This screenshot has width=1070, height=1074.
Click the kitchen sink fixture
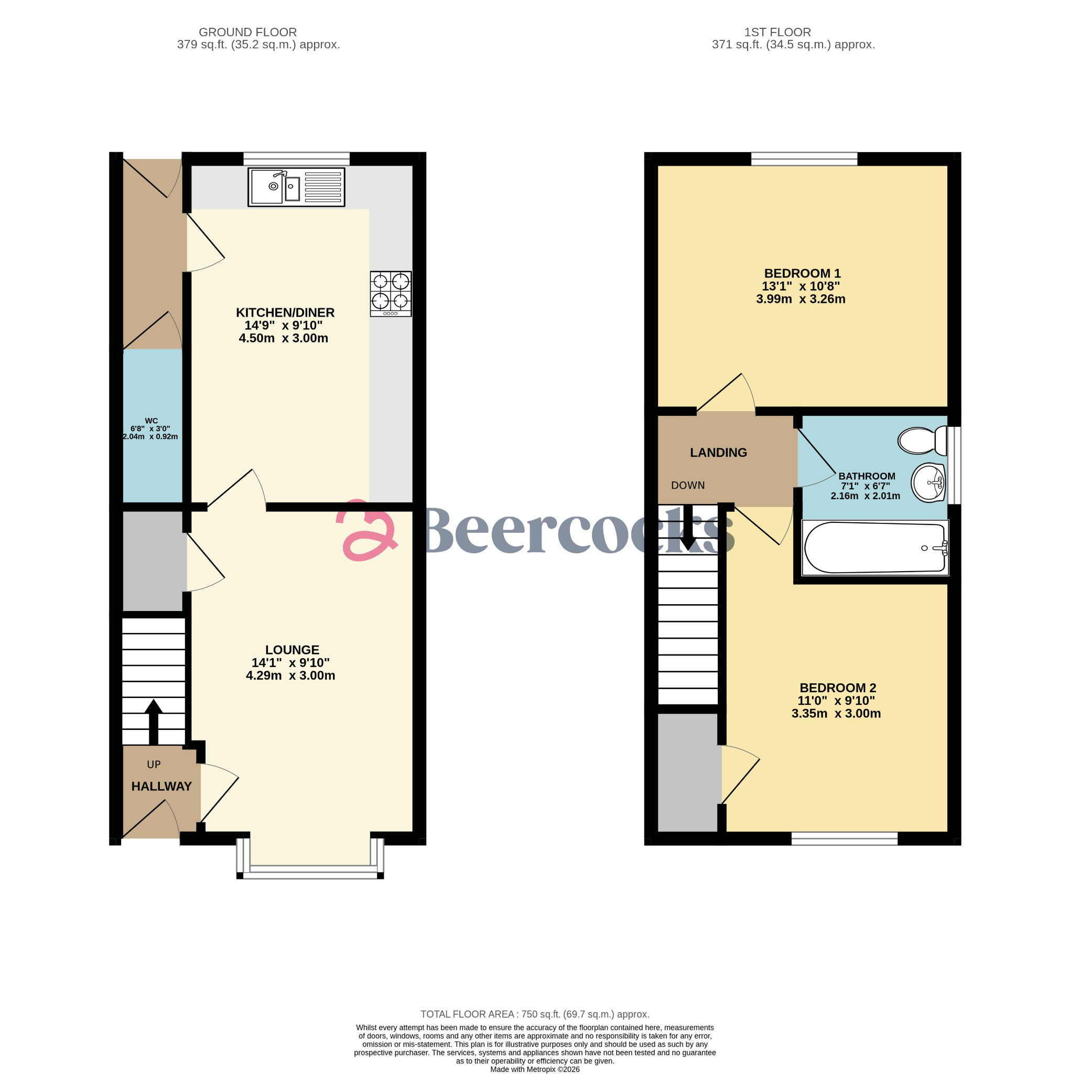(x=296, y=187)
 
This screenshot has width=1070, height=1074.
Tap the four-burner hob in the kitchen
(x=390, y=294)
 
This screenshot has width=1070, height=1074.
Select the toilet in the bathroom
(x=922, y=441)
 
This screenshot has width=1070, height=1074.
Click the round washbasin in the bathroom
(x=928, y=482)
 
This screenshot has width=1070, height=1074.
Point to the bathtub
(x=875, y=547)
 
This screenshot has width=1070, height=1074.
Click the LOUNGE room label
(x=292, y=649)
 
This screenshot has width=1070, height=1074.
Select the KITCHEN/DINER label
(x=285, y=313)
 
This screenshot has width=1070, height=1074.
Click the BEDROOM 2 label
(x=837, y=688)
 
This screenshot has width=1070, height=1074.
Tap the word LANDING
(x=718, y=453)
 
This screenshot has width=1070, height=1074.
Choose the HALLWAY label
(x=161, y=786)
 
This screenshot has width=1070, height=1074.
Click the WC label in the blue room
(x=151, y=421)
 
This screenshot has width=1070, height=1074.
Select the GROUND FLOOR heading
(x=247, y=32)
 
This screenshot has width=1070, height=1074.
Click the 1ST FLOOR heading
(x=777, y=32)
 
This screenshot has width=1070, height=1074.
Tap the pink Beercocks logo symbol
(x=367, y=531)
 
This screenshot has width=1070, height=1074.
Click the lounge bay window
(x=310, y=873)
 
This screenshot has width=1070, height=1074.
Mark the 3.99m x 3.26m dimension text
(x=800, y=299)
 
